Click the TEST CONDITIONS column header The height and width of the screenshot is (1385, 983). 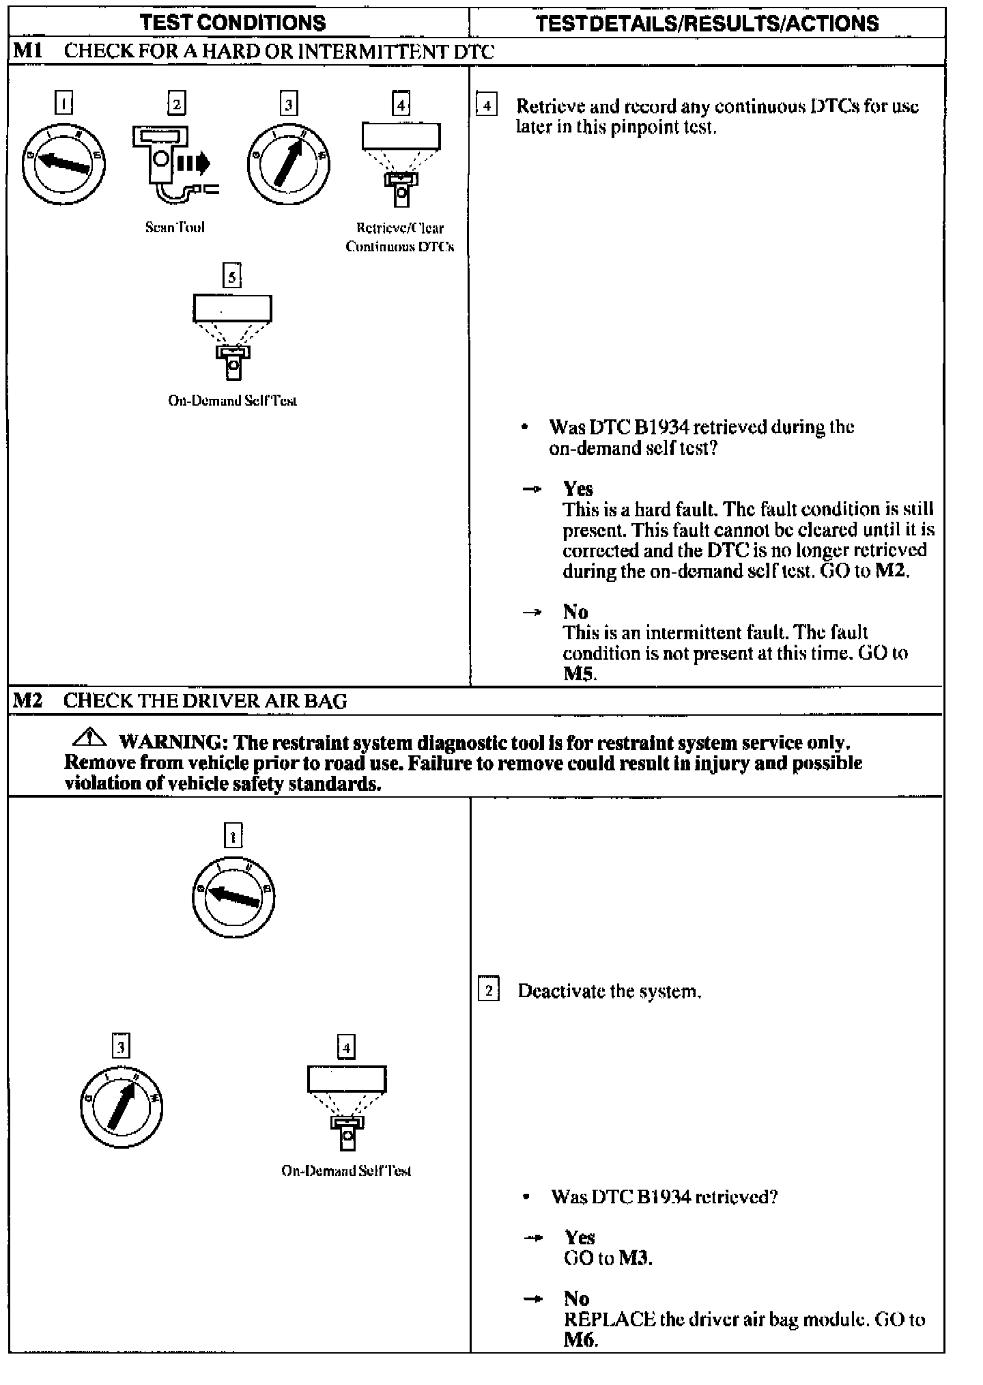click(x=233, y=23)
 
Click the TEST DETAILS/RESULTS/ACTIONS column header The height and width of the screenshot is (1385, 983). click(x=707, y=23)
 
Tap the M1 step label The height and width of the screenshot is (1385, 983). click(x=28, y=52)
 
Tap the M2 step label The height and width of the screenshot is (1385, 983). click(x=28, y=701)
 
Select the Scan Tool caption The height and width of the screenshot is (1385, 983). click(x=175, y=227)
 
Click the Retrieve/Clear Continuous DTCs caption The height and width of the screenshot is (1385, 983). click(x=400, y=237)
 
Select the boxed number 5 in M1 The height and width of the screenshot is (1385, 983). click(x=233, y=276)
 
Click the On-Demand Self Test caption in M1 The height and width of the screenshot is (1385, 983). click(x=232, y=401)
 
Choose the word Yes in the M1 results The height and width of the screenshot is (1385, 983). click(x=578, y=489)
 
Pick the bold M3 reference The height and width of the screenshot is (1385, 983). click(x=635, y=1257)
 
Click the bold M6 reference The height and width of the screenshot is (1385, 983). click(x=580, y=1340)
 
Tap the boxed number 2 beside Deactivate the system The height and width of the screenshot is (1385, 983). click(x=488, y=990)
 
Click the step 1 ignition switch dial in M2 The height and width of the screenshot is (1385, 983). click(x=233, y=896)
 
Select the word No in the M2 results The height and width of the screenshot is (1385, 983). click(x=576, y=1298)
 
